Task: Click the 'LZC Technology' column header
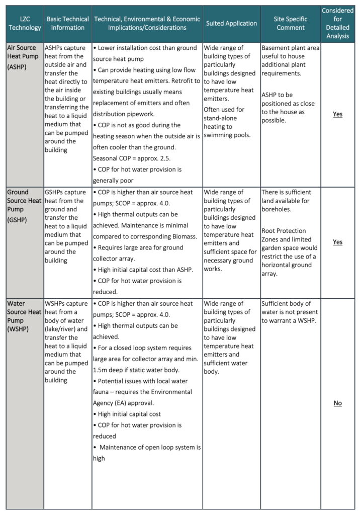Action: point(25,23)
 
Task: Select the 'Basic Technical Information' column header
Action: point(68,23)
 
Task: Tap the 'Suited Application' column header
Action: point(231,23)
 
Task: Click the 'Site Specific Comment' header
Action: point(290,23)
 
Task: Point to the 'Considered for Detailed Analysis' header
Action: point(337,23)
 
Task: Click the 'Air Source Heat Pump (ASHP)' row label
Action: point(24,57)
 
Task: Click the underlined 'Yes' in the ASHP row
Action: point(337,114)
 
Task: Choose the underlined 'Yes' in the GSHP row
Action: point(337,242)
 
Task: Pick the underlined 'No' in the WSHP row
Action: point(337,403)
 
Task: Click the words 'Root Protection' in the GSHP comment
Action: point(285,231)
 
